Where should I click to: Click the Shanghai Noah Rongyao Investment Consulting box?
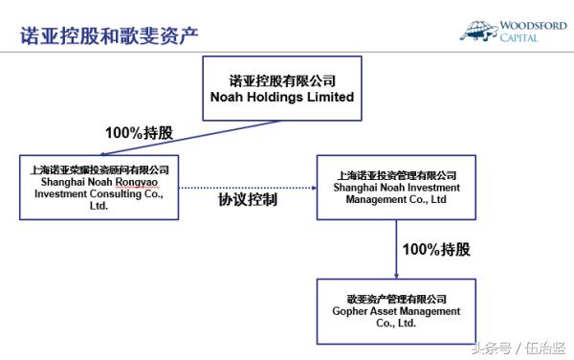coord(99,186)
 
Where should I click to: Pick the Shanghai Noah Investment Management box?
coord(396,187)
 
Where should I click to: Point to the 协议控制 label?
coord(248,200)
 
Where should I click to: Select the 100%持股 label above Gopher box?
coord(436,249)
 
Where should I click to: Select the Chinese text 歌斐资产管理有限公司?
coord(396,299)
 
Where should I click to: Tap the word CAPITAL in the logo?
coord(520,37)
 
